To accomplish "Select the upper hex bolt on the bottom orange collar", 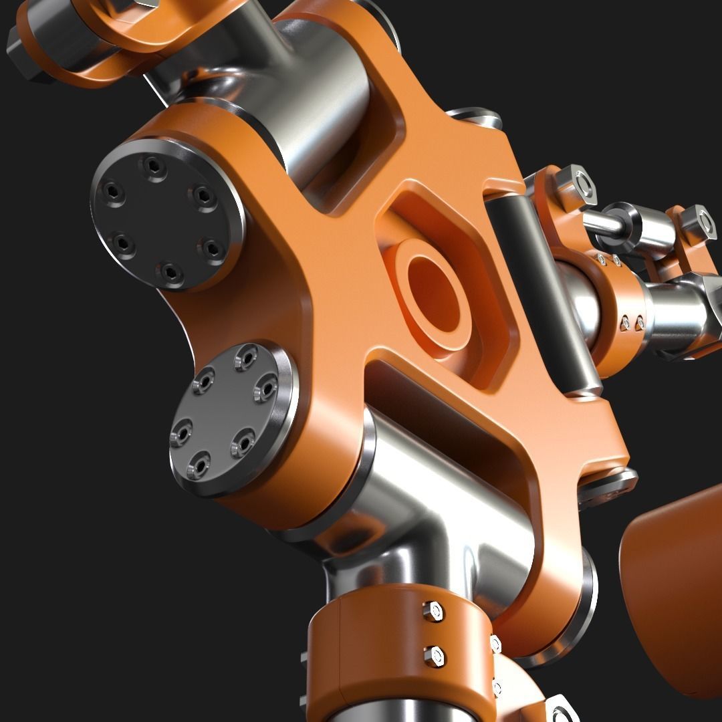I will (x=433, y=610).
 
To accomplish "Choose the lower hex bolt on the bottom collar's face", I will (x=435, y=655).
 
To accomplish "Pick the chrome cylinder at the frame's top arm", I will (x=321, y=114).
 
